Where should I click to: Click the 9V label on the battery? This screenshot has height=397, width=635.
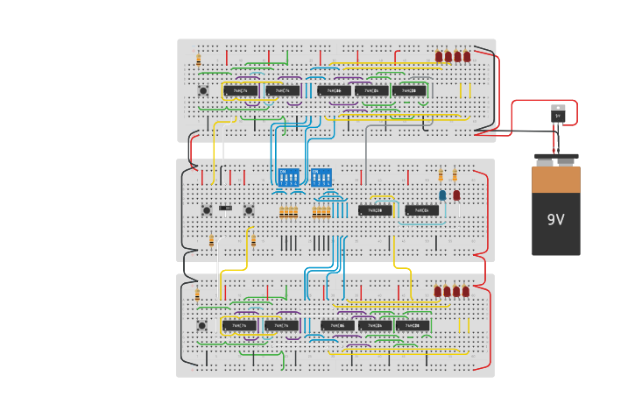click(555, 220)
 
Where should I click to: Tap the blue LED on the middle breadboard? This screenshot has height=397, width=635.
click(442, 195)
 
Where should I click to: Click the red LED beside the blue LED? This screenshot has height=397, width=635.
click(456, 195)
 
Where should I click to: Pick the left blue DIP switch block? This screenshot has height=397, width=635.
click(288, 177)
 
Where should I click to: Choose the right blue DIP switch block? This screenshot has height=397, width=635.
click(321, 177)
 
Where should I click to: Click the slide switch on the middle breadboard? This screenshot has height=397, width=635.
click(226, 208)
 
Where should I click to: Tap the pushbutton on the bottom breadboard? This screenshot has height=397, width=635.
click(202, 326)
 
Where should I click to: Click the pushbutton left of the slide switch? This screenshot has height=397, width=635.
click(207, 209)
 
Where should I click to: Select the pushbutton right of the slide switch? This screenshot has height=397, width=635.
click(248, 209)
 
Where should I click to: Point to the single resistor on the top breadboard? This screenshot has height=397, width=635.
click(199, 60)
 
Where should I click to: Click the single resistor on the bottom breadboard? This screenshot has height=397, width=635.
click(197, 294)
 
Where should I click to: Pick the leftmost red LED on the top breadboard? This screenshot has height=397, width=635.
click(439, 57)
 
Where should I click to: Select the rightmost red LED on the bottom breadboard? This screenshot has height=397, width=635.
click(465, 292)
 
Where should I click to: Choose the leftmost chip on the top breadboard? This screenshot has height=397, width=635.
click(240, 90)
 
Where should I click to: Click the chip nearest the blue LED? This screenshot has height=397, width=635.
click(421, 210)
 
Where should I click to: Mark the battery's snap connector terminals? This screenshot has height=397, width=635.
click(556, 160)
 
